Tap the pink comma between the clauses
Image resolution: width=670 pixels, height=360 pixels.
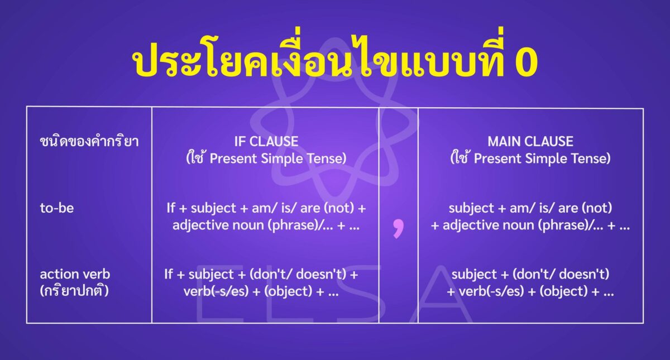[398, 227]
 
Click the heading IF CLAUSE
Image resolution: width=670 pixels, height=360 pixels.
[266, 141]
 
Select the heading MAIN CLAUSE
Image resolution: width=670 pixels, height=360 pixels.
[530, 141]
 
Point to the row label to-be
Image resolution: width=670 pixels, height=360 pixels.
[56, 209]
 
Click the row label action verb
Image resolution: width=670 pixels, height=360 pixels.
[75, 275]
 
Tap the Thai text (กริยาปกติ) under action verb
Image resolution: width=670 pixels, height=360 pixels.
[74, 291]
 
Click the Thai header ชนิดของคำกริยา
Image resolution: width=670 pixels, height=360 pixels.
[89, 142]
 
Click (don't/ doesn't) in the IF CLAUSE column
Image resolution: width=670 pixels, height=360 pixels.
[308, 275]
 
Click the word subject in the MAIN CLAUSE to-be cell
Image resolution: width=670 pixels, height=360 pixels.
[471, 209]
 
